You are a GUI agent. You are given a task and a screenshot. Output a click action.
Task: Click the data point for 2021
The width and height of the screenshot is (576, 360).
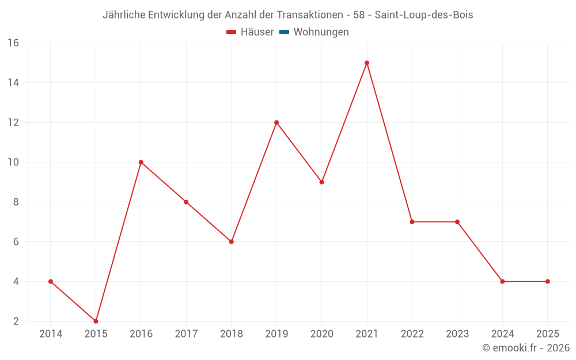[x=367, y=63]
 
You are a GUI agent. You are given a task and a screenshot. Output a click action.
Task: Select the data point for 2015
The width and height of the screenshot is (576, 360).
[x=96, y=321]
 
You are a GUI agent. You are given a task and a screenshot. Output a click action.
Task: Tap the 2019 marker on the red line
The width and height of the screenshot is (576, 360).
[x=276, y=123]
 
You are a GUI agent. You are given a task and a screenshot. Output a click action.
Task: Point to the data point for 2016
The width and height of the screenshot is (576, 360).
[x=141, y=162]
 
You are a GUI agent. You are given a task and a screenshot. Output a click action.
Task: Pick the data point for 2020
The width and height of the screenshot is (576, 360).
[x=322, y=182]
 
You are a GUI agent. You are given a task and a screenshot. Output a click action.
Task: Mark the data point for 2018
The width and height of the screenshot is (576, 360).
[x=232, y=242]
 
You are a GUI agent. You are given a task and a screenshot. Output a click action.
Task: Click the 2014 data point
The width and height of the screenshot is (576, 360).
[x=51, y=282]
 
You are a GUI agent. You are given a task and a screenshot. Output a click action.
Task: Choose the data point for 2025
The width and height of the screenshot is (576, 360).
[x=548, y=282]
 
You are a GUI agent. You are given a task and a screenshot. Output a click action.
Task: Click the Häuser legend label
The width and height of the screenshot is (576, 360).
[x=257, y=32]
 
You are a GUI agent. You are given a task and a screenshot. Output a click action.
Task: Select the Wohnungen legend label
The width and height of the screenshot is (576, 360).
[x=321, y=32]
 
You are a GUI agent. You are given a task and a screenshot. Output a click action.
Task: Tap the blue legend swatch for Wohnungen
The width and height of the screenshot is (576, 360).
[x=284, y=32]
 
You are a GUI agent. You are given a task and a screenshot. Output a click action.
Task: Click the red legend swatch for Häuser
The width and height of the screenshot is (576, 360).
[x=232, y=32]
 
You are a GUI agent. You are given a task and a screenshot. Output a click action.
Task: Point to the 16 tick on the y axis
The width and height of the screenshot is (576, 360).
[x=13, y=43]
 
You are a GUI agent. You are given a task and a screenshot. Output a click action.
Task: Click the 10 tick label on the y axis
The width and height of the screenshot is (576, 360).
[x=13, y=162]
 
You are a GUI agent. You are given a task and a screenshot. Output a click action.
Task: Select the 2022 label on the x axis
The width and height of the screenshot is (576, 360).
[x=412, y=334]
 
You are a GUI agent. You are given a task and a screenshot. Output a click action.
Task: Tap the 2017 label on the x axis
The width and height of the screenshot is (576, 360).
[x=186, y=334]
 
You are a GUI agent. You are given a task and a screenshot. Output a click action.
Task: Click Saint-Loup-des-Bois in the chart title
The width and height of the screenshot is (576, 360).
[x=424, y=15]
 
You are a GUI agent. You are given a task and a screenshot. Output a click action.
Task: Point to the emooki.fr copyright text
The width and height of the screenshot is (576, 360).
[x=525, y=348]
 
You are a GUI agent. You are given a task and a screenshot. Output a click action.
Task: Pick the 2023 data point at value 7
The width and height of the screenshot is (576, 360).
[x=457, y=222]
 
